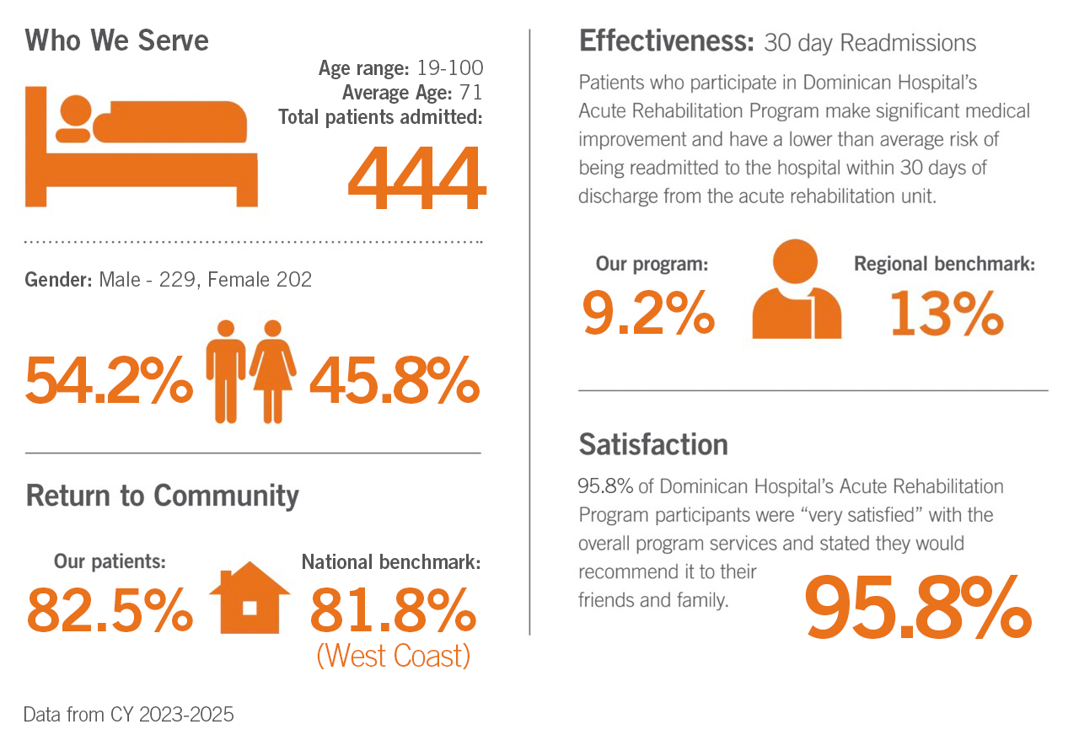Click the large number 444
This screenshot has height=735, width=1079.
pos(417,179)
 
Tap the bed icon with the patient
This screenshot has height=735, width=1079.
pos(142,145)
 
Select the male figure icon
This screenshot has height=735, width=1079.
pos(226,371)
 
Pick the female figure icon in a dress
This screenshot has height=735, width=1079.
pos(272,371)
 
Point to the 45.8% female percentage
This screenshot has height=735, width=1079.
pos(395,380)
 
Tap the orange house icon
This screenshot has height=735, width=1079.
pos(250,598)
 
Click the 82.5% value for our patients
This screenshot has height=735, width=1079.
pos(110,610)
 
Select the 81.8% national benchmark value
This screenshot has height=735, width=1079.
pos(393,610)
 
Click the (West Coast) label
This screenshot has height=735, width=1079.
pos(393,655)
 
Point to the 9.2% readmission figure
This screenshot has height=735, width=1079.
pos(648,311)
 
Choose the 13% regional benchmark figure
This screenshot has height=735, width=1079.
pos(946,311)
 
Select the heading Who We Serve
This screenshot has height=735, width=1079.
pos(117,40)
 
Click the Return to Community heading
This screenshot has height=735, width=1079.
pos(163,496)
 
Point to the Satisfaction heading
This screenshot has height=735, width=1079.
pos(653,444)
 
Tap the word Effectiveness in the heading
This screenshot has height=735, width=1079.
pos(666,40)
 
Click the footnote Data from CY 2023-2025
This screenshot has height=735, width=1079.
pos(129,715)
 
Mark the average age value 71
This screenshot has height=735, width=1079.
pos(471,92)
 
